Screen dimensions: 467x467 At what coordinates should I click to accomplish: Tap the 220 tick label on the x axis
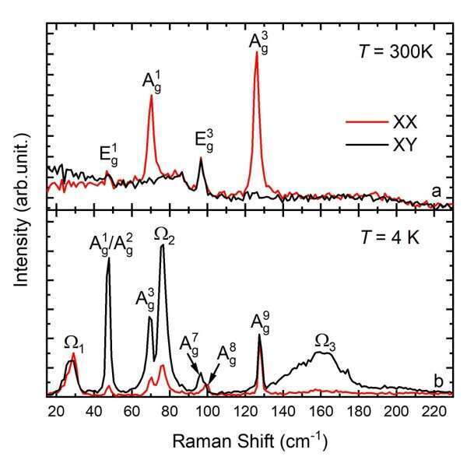click(433, 412)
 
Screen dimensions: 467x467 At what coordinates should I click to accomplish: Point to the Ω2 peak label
click(163, 233)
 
